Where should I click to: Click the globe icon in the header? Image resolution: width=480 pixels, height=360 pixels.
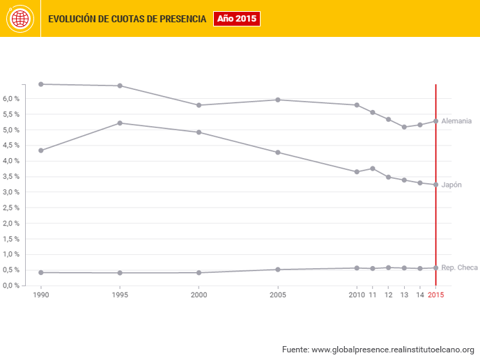pos(20,18)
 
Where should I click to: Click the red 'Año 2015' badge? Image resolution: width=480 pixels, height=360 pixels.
pos(237,18)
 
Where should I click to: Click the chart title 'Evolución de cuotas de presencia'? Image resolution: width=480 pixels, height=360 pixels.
pos(127,18)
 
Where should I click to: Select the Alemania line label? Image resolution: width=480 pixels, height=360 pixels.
pos(456,121)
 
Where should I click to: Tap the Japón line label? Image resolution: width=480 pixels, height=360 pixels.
pos(451,185)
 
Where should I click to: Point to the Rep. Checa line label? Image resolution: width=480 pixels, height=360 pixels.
pos(459,267)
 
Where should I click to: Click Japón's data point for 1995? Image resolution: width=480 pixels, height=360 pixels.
pos(120,123)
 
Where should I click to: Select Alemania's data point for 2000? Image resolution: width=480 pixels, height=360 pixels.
pos(199,105)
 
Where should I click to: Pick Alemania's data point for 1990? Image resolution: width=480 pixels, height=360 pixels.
pos(41,84)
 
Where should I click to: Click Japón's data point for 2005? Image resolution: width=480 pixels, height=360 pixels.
pos(278,152)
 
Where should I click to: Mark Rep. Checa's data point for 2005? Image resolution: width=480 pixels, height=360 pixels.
pos(278,269)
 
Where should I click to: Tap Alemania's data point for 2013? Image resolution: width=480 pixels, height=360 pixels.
pos(404,127)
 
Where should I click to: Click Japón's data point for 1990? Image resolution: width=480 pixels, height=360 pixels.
pos(41,150)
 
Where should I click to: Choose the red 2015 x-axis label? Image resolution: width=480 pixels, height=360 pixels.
pos(435,295)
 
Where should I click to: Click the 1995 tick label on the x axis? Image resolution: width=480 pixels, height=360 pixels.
pos(120,295)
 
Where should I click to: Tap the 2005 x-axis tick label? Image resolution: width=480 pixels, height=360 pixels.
pos(278,295)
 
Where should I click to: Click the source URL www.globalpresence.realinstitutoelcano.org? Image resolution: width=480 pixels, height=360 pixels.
pos(392,349)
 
